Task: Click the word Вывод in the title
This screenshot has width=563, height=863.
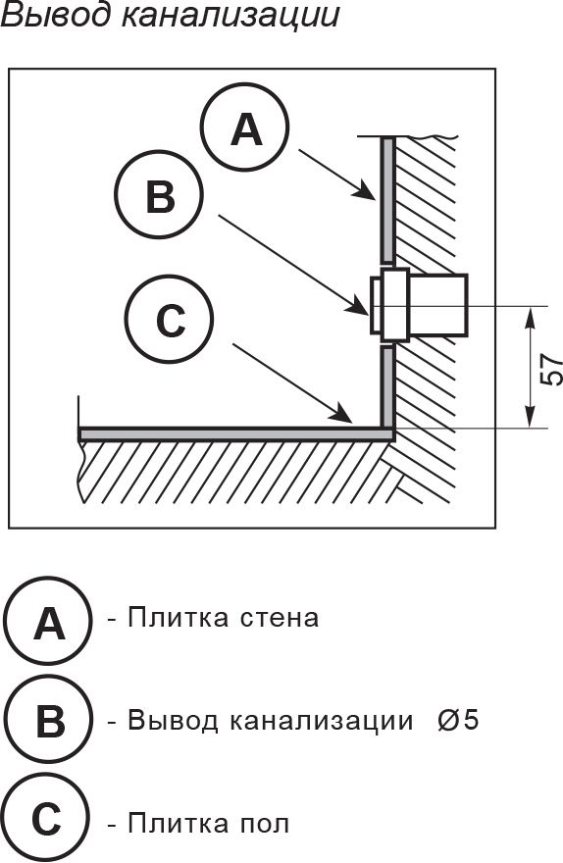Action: click(54, 15)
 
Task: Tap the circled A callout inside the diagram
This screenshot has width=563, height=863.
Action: click(245, 127)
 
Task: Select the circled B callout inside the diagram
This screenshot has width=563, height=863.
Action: click(160, 194)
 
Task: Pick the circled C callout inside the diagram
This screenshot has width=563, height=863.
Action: click(169, 318)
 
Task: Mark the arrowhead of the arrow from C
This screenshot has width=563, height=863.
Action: click(343, 415)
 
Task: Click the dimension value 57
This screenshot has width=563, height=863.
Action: click(550, 371)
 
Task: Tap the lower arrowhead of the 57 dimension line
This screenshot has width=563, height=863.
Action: click(531, 416)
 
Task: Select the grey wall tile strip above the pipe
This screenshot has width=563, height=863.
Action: click(388, 200)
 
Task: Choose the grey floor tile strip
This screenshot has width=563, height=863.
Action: click(236, 433)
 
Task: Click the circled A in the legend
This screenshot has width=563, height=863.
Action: click(48, 620)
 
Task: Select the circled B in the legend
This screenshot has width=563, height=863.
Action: click(48, 720)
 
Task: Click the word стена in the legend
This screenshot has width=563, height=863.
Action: click(281, 618)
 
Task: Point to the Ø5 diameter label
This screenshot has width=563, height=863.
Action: click(458, 720)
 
